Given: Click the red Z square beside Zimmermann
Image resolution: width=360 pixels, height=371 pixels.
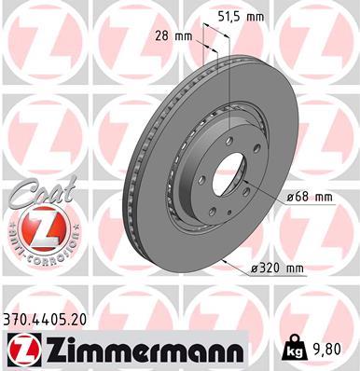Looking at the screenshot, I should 17,349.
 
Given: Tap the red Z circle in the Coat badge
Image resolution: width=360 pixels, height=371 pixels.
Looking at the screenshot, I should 35,228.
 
